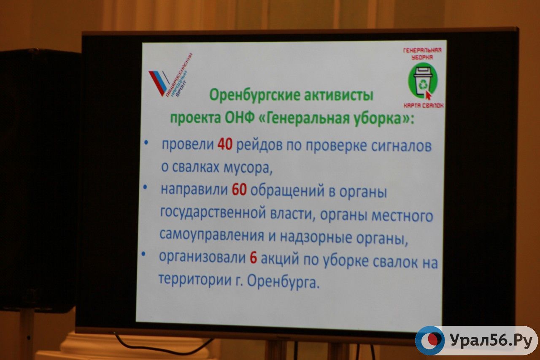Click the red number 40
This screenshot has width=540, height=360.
pos(225,144)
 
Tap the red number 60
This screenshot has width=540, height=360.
pos(239,189)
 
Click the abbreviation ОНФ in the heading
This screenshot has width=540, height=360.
pos(240,118)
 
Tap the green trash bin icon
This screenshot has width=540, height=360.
pos(423,80)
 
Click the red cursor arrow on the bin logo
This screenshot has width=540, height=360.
pos(428,95)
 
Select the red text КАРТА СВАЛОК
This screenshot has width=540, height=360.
pos(424,106)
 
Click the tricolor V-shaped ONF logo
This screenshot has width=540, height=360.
pos(159,83)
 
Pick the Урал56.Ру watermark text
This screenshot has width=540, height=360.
pos(491,341)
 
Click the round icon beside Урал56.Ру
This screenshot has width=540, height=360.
pos(430,340)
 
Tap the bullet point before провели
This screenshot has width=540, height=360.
pos(146,143)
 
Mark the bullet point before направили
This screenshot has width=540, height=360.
pos(145,187)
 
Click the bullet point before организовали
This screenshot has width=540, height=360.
pos(143,254)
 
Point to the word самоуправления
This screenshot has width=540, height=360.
pos(212,235)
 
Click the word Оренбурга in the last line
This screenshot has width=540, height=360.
pos(283,282)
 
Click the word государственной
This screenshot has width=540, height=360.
pos(212,212)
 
